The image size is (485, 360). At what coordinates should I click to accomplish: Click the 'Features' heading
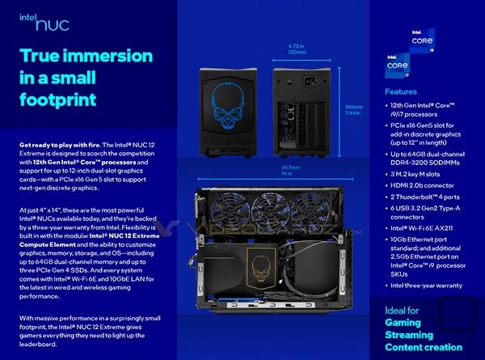(x=401, y=92)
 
